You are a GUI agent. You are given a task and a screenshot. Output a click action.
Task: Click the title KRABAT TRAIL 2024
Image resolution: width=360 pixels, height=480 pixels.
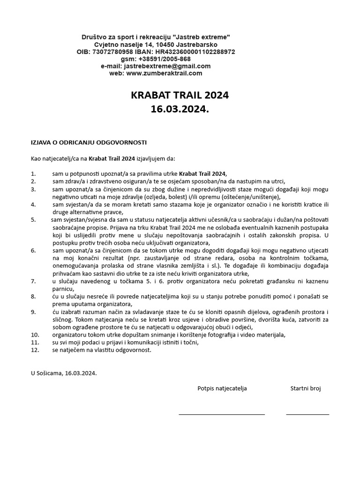coord(180,96)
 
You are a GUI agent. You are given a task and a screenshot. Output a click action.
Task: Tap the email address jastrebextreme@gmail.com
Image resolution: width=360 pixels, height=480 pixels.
coord(168,66)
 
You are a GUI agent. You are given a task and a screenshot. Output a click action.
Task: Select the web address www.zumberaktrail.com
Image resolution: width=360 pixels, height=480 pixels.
coord(164,73)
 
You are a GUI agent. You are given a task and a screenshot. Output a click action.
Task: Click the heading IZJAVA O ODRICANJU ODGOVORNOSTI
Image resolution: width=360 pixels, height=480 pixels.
coord(89,142)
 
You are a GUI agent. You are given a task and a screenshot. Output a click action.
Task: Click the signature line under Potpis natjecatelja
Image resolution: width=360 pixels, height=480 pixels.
coord(222,414)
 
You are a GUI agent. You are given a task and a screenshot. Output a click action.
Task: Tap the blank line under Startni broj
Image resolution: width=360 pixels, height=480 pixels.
coord(307,414)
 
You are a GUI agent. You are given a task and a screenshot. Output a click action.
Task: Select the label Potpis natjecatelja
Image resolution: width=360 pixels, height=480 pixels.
coord(222,388)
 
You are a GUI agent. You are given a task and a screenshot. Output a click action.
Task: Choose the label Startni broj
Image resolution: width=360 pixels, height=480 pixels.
coord(306,388)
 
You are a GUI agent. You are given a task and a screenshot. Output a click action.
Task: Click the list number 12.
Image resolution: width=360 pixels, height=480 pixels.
coord(35,350)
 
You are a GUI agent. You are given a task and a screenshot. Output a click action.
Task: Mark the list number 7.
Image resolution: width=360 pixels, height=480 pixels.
coord(33,281)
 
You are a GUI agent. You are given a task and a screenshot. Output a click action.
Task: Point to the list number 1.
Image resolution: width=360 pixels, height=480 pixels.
coord(33,173)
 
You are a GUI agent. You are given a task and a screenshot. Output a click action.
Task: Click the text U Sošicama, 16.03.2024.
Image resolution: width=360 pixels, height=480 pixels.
coord(64,373)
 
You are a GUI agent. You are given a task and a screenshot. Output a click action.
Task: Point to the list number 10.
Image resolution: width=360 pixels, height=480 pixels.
coord(35,335)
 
